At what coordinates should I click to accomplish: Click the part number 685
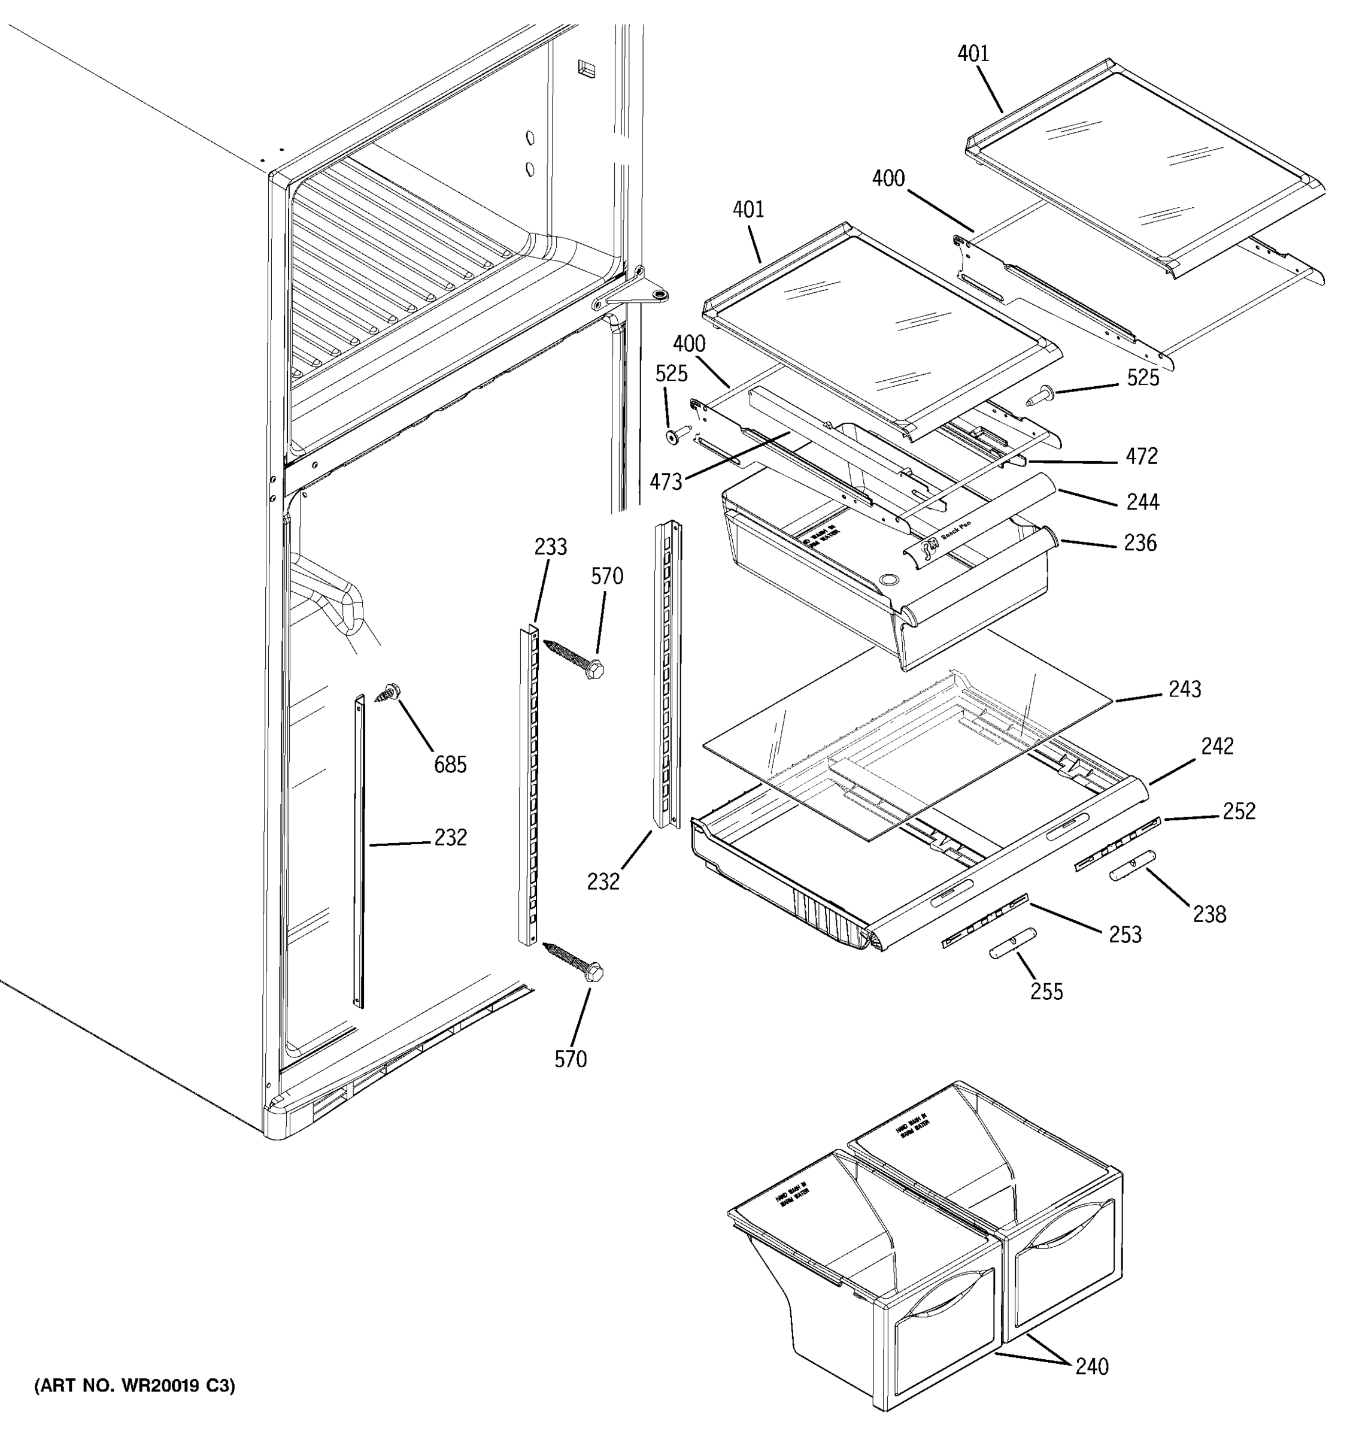(450, 764)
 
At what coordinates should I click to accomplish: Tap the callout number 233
(550, 547)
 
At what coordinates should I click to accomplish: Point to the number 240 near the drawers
(1091, 1367)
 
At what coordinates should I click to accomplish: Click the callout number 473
(666, 482)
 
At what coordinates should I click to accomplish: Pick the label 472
(1142, 456)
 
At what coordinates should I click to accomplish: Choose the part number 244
(1142, 502)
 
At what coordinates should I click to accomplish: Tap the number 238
(1209, 914)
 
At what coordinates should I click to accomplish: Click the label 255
(1046, 991)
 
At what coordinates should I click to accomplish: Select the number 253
(1124, 935)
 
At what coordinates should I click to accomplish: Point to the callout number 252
(1239, 811)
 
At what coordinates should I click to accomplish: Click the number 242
(1217, 746)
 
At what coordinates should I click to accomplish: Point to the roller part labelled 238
(1131, 865)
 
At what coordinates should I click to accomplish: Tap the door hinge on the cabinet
(636, 293)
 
